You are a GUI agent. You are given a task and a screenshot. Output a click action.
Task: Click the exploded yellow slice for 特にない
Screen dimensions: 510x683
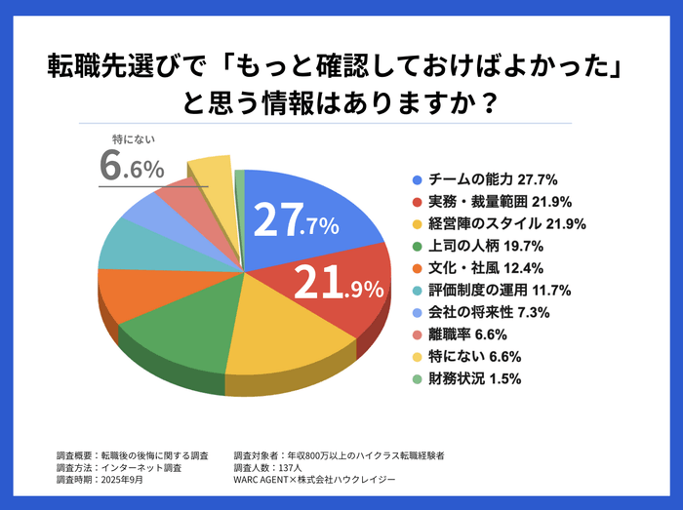(210, 175)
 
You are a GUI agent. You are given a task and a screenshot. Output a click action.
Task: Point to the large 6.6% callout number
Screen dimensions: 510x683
(132, 167)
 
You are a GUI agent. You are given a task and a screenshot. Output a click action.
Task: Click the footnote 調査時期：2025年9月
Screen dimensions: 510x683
(103, 479)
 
